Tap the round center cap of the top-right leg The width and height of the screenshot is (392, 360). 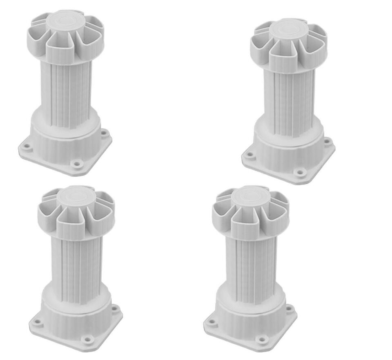[288, 31]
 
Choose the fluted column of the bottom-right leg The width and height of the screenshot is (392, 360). [251, 265]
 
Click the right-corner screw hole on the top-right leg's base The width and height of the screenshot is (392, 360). [327, 142]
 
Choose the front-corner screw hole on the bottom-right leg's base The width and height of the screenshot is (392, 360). [261, 338]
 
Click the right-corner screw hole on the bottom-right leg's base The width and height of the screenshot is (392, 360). [289, 308]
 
